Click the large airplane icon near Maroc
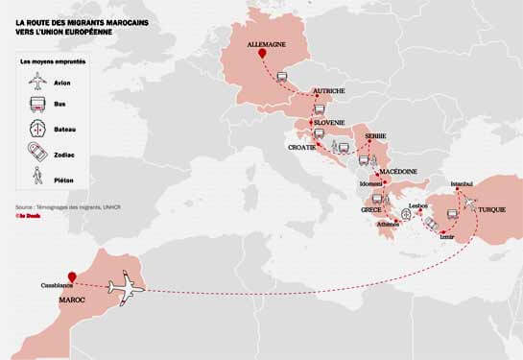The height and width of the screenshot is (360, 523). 126,286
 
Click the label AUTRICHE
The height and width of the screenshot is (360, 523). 329,92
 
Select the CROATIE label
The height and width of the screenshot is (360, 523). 303,147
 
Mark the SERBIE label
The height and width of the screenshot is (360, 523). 375,136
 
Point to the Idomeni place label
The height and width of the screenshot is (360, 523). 370,183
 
